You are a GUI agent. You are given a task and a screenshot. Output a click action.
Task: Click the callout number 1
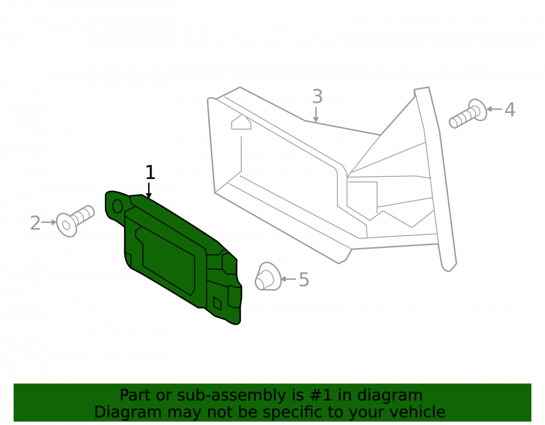pos(150,173)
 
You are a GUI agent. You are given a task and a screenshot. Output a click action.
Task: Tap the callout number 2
pos(35,223)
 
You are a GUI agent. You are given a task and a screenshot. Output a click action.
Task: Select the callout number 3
pos(317,96)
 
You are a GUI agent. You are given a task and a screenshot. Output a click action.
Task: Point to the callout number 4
pos(510,109)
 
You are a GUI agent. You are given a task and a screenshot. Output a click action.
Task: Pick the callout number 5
pos(304,280)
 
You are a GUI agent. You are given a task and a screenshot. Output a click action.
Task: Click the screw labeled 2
pos(75,221)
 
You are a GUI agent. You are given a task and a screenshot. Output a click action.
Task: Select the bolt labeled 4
pos(468,113)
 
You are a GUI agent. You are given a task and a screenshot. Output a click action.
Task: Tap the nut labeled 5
pos(268,276)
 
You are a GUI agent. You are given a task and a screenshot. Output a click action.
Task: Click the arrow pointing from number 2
pos(49,222)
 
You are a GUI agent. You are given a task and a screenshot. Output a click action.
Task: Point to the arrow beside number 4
pos(494,109)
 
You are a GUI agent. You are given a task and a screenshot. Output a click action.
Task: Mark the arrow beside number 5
pos(288,279)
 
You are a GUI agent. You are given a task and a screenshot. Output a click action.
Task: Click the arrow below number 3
pos(316,114)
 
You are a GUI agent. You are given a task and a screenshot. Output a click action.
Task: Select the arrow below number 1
pos(149,190)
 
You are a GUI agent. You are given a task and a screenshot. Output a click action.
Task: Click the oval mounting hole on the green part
pos(118,206)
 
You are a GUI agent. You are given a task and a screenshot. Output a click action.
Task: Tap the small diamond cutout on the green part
pos(217,303)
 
